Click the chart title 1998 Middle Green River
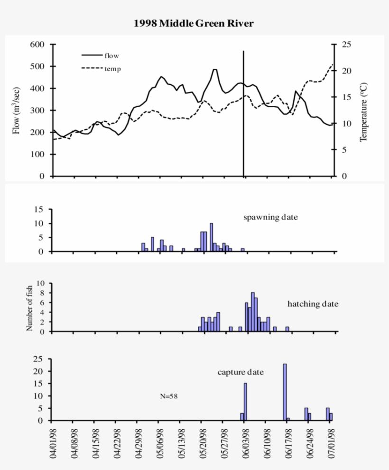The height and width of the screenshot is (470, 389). [194, 23]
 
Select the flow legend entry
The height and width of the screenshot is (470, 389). [111, 55]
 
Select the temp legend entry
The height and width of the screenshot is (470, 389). [112, 69]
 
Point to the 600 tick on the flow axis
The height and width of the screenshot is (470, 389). [37, 45]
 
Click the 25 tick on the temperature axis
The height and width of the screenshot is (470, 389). [347, 45]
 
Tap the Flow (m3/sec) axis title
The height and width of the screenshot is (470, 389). [17, 110]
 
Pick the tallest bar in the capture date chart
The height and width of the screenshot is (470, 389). [285, 392]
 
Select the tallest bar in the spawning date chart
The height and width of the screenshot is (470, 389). [211, 237]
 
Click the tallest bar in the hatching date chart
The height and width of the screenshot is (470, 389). [253, 312]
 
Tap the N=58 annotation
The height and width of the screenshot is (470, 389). [169, 396]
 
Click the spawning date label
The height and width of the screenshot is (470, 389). [270, 218]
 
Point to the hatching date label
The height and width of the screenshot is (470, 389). [313, 304]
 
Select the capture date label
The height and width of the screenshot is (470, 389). [241, 372]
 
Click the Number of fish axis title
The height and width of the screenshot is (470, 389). [29, 307]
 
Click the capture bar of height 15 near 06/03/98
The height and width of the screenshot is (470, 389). [245, 402]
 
